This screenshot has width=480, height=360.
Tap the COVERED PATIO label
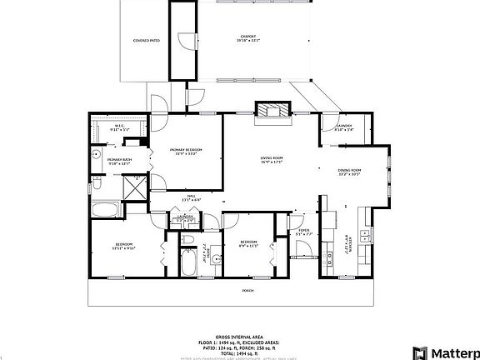147,40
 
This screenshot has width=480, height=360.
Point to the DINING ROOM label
349,172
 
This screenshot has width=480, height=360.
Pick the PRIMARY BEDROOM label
187,151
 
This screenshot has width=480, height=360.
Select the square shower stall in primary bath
133,187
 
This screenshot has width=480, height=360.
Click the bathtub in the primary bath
106,209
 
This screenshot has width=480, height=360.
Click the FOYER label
304,232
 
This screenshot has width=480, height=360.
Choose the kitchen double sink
364,231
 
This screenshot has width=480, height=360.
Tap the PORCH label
247,290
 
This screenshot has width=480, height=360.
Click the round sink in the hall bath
214,259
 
